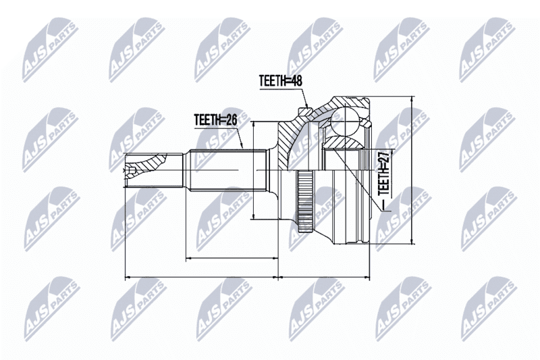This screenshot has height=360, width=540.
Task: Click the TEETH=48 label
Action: click(x=281, y=81)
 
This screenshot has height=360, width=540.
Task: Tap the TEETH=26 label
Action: click(x=215, y=120)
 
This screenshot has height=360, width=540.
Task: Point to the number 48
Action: click(x=296, y=81)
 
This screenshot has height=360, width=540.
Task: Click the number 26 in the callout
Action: click(x=231, y=120)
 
